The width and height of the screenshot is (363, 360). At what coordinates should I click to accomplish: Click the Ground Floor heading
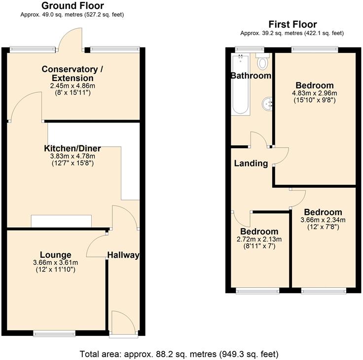(72, 6)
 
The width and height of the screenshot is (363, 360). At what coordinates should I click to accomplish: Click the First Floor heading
(292, 24)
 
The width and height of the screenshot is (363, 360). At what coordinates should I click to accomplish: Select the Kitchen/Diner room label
(72, 148)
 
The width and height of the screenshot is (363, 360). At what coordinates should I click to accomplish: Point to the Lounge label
(56, 255)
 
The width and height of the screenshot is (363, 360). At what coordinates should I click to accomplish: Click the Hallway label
(123, 255)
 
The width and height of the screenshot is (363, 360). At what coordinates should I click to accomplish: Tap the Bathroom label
(251, 76)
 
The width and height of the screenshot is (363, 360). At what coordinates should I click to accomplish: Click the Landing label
(251, 163)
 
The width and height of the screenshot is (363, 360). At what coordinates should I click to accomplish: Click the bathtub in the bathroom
(241, 84)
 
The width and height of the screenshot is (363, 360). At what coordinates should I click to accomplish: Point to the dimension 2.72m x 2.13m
(259, 240)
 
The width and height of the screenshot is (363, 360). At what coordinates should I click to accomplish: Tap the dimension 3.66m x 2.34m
(323, 220)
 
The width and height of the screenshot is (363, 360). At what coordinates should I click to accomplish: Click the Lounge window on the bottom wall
(54, 334)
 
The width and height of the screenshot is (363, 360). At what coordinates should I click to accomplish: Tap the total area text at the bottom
(179, 354)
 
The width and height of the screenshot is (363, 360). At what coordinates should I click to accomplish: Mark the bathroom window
(243, 49)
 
